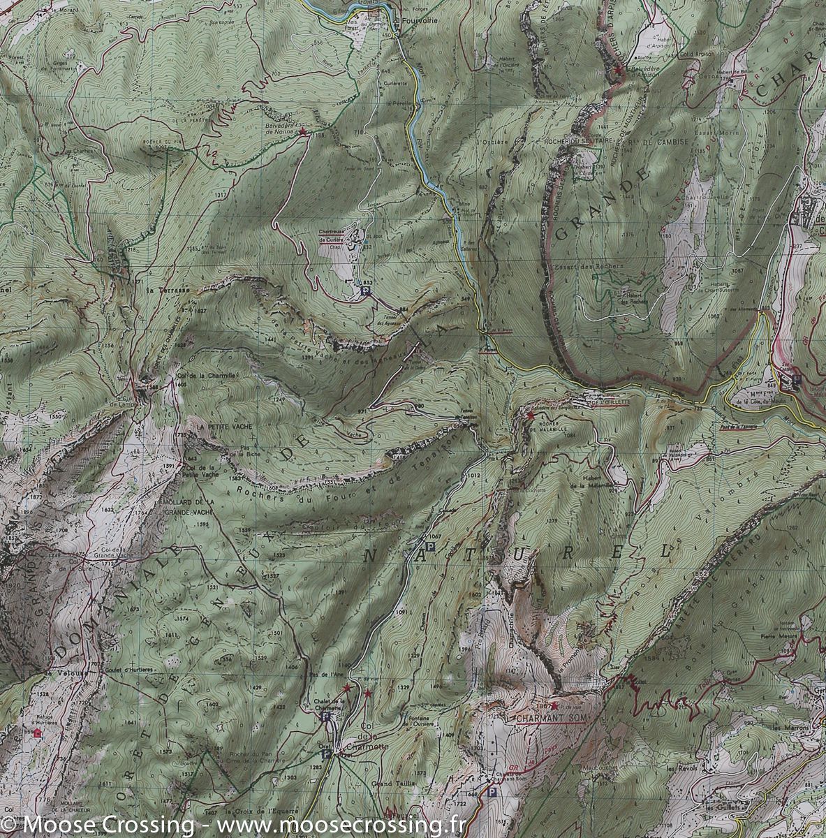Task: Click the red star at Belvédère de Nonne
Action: (302, 131)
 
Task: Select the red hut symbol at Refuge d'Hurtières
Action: (37, 733)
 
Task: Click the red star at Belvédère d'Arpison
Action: (618, 71)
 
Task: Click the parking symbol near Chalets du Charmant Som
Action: (493, 793)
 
